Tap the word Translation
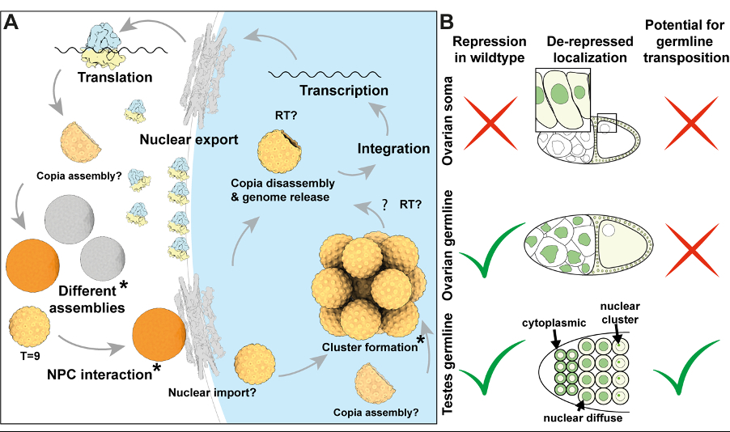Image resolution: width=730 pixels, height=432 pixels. pos(115,78)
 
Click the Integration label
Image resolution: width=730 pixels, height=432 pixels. pos(394,149)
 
